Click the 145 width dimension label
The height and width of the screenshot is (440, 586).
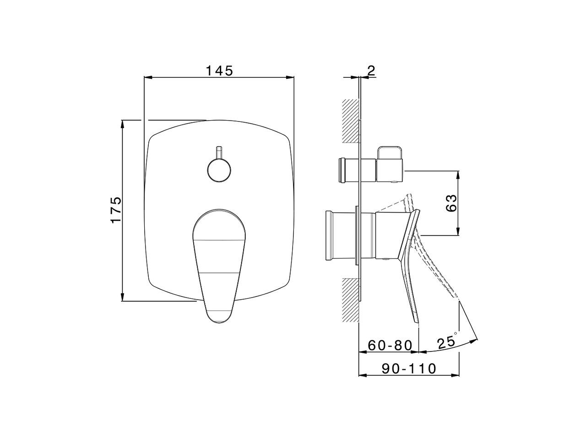219,71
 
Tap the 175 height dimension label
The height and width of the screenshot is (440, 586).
116,210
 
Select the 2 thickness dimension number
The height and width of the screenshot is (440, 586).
371,71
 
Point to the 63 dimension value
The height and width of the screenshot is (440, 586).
451,203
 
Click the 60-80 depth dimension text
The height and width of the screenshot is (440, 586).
390,346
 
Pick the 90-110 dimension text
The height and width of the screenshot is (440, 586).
409,368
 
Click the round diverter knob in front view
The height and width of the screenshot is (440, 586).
219,170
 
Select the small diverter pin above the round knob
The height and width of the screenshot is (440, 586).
219,152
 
